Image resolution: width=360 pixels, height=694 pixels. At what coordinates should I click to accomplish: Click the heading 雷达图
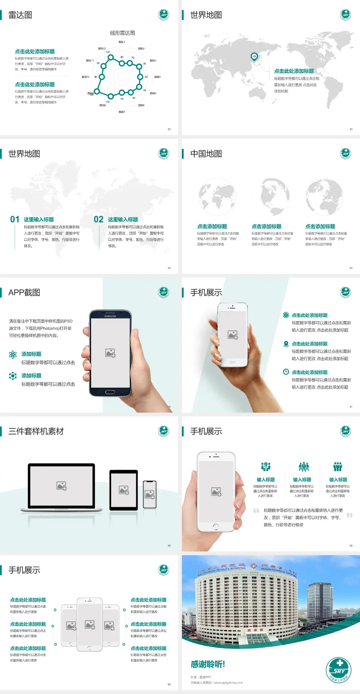coord(20,15)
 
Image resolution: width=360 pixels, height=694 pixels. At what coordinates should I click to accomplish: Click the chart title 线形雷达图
coord(122,33)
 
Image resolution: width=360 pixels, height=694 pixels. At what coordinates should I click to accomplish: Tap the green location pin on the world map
coord(254,57)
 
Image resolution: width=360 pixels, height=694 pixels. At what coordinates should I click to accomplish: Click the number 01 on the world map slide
coord(15,219)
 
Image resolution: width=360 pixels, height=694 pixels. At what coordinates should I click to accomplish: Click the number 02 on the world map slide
coord(99,219)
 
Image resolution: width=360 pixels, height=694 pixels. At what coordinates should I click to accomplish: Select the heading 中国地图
coord(206,154)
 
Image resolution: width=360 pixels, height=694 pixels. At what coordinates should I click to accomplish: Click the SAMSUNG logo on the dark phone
coord(110,316)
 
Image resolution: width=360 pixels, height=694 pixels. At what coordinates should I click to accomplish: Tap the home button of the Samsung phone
coord(110,392)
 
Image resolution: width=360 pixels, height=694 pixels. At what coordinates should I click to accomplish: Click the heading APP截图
coord(24,293)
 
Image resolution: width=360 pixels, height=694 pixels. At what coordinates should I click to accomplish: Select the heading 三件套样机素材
coord(36,431)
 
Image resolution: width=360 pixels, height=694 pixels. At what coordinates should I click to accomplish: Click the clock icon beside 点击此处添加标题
coord(286,372)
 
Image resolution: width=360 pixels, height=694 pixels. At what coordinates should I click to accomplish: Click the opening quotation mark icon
coord(256,511)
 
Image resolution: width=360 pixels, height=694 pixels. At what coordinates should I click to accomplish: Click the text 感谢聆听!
coord(208,664)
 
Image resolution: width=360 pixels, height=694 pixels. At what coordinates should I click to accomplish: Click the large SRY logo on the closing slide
coord(339,670)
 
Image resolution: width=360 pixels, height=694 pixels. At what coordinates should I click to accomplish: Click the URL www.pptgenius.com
coord(228,683)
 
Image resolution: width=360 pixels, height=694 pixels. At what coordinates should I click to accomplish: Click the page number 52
coord(169,129)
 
